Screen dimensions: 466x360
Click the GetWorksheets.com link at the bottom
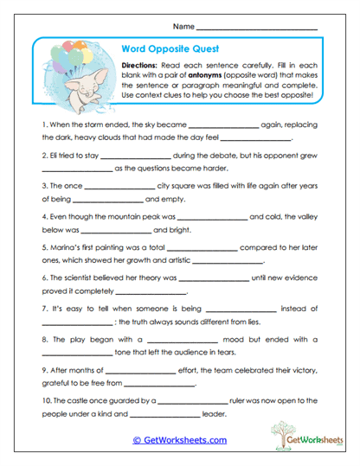(x=179, y=440)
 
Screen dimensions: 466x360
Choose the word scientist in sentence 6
(x=85, y=278)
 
